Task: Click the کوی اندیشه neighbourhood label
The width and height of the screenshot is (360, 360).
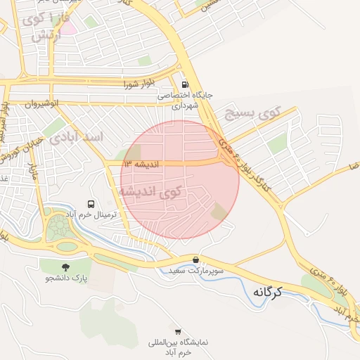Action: coord(150,191)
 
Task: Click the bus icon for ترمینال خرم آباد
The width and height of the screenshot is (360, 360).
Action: coord(91,202)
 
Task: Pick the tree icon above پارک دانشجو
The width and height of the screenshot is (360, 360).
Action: coord(66,267)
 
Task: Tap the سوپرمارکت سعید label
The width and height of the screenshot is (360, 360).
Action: coord(195,271)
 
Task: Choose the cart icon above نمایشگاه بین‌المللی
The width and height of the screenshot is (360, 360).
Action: coord(178,331)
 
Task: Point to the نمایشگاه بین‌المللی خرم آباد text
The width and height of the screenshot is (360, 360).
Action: coord(169,347)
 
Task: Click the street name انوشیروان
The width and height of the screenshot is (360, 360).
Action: coord(40,103)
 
